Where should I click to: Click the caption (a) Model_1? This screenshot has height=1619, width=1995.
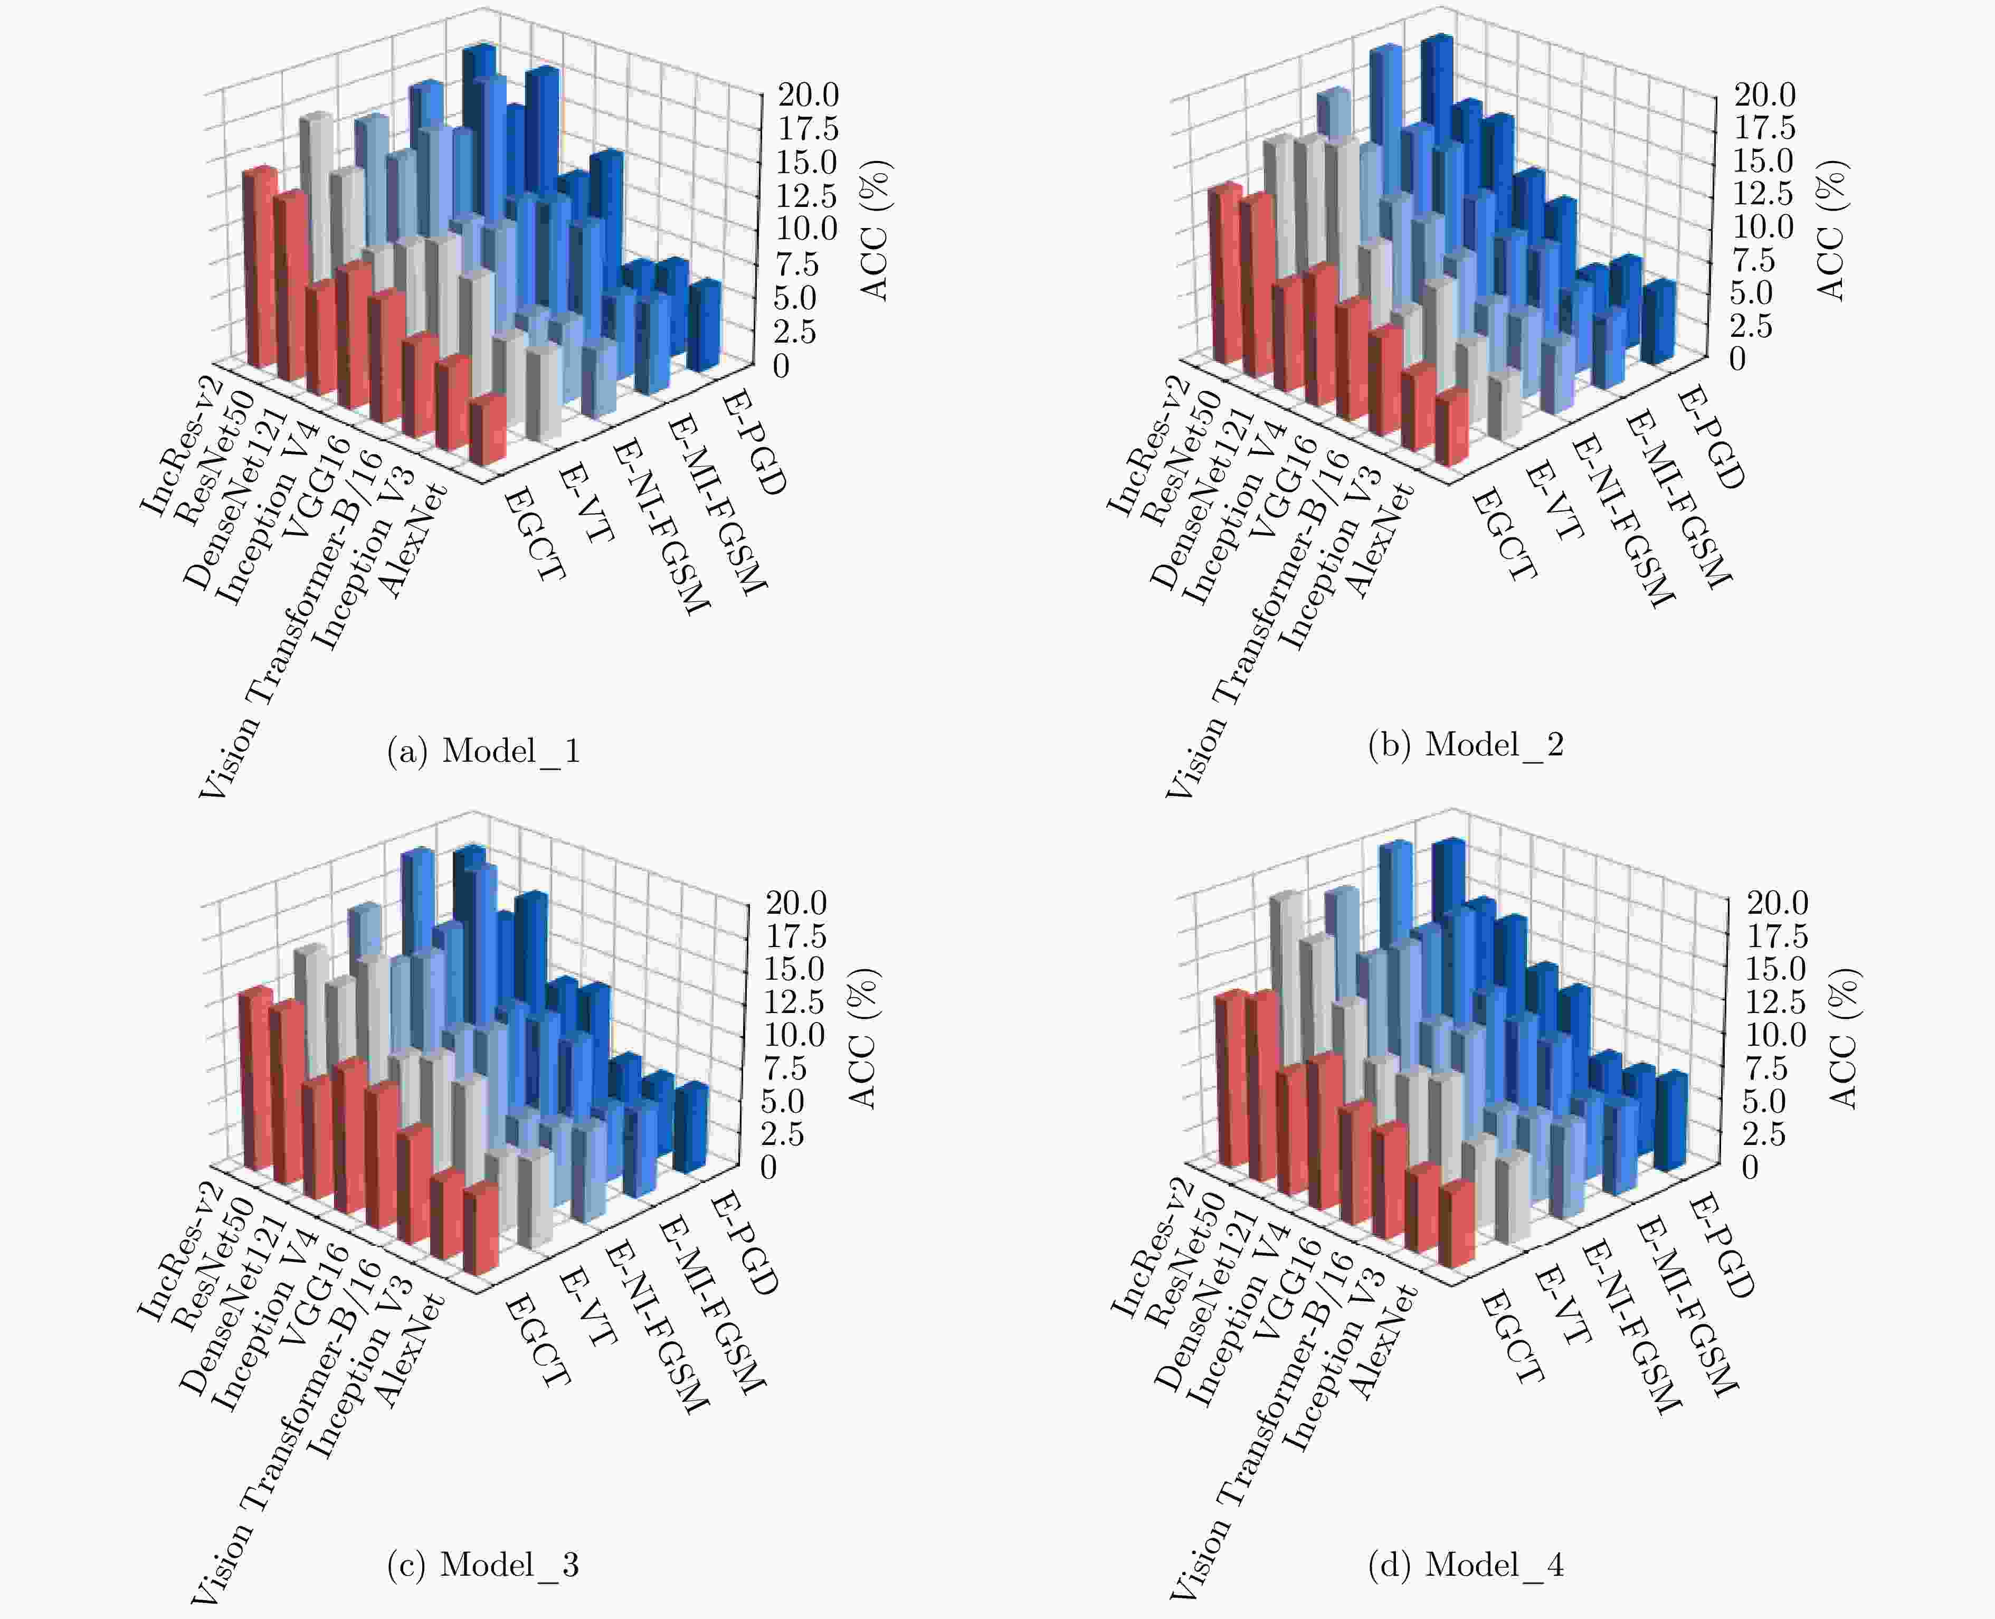click(484, 751)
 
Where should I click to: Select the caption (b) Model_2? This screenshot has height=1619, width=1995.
click(1466, 744)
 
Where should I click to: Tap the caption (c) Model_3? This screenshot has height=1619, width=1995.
click(483, 1564)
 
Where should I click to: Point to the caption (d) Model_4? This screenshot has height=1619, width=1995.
click(1466, 1564)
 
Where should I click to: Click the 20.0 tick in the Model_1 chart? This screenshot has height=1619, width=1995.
click(808, 94)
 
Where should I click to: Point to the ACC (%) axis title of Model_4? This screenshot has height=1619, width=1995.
click(1843, 1038)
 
